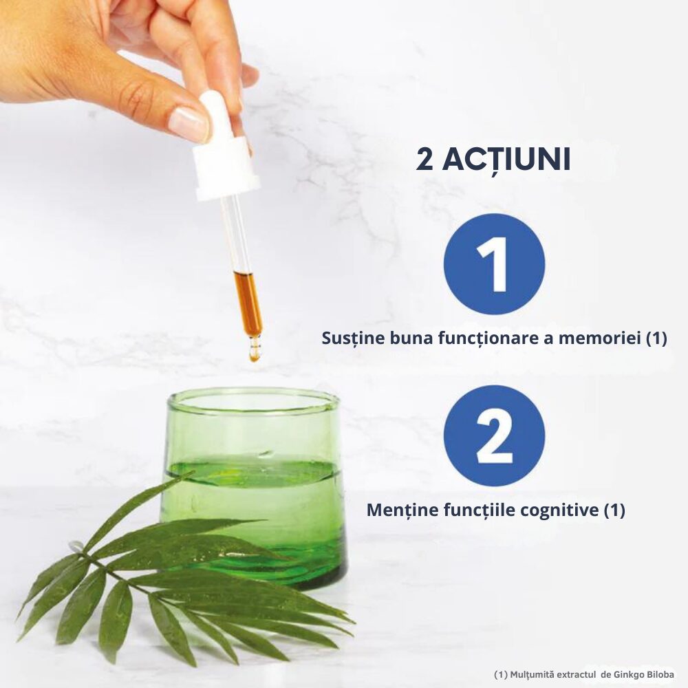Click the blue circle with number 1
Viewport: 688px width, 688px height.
click(x=494, y=264)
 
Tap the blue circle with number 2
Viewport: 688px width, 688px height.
click(x=494, y=436)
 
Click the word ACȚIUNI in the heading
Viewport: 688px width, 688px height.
click(x=506, y=160)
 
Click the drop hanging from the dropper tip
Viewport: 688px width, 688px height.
click(x=255, y=353)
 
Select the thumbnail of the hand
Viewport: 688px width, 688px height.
click(x=190, y=124)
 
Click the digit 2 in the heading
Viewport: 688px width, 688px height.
click(x=424, y=160)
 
